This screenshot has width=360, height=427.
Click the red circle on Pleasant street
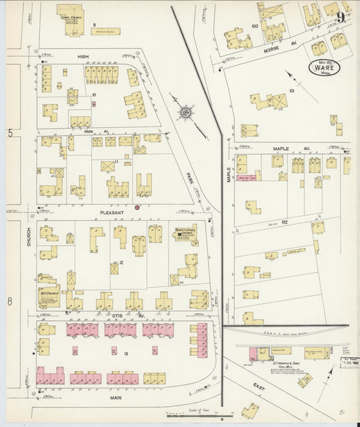(x=137, y=207)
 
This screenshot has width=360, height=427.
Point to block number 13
(x=125, y=353)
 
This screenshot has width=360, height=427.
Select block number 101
(x=292, y=89)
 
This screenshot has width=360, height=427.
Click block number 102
(x=284, y=221)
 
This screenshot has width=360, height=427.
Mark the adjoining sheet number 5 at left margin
(x=10, y=133)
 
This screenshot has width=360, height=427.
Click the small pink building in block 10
(x=93, y=104)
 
